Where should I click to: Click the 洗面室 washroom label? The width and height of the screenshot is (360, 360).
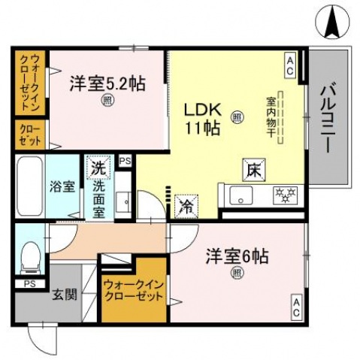click(98, 198)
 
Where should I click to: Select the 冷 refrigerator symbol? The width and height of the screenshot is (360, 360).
click(185, 204)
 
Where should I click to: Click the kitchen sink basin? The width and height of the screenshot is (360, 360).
click(241, 197)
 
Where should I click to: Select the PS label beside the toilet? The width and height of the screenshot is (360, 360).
click(29, 283)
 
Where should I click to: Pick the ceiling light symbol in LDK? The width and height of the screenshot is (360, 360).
click(237, 116)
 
